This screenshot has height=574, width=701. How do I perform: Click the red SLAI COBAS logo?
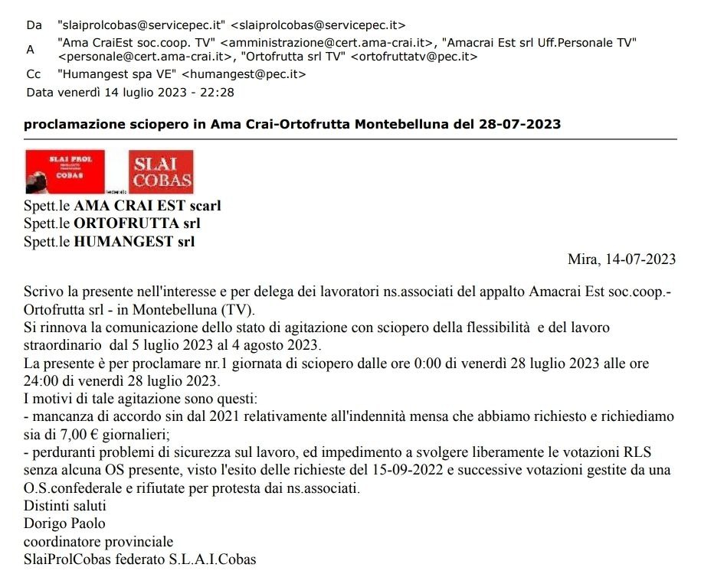(161, 171)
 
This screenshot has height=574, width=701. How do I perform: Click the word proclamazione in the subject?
(68, 123)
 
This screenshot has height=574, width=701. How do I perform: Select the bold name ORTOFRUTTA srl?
(137, 224)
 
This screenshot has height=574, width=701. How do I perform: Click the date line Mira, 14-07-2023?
(621, 259)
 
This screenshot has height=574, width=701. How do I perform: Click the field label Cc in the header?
(33, 74)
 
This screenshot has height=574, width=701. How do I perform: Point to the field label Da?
(34, 25)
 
